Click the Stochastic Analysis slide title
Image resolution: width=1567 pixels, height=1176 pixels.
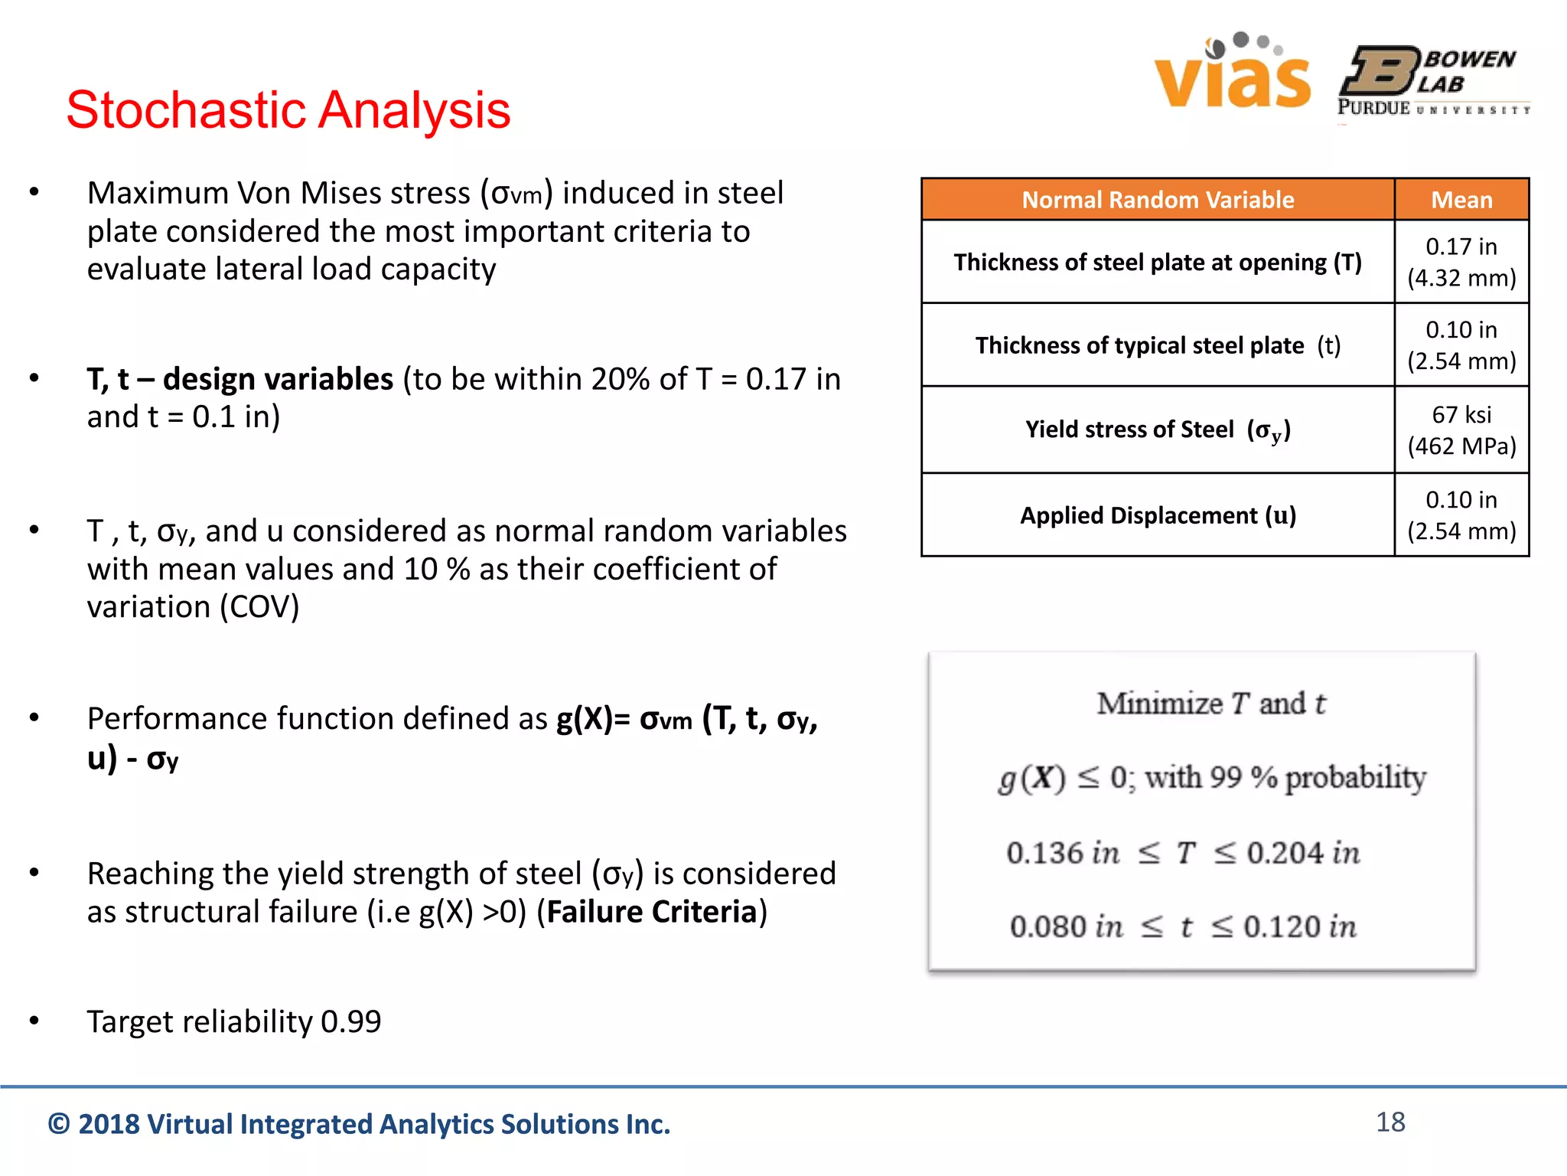288,109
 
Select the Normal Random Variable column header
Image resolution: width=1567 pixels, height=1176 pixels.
1158,200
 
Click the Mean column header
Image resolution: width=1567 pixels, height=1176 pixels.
1461,200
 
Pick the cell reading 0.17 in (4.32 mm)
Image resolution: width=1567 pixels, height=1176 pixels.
1461,262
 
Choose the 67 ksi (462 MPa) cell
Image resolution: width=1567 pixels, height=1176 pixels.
1461,430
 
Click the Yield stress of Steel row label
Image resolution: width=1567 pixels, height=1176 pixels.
1158,430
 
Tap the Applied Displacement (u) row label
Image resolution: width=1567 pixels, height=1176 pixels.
1158,515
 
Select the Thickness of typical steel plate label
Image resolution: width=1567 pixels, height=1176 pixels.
1158,345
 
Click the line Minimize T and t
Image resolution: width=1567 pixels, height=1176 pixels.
1210,704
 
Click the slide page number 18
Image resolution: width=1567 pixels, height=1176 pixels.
1390,1122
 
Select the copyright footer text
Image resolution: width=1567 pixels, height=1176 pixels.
359,1124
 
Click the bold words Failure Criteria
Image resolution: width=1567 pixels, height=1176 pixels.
651,912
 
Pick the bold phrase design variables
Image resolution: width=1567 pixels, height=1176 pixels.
278,379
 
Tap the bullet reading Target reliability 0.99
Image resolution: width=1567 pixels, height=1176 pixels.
233,1021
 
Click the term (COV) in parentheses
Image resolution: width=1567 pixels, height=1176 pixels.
259,607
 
